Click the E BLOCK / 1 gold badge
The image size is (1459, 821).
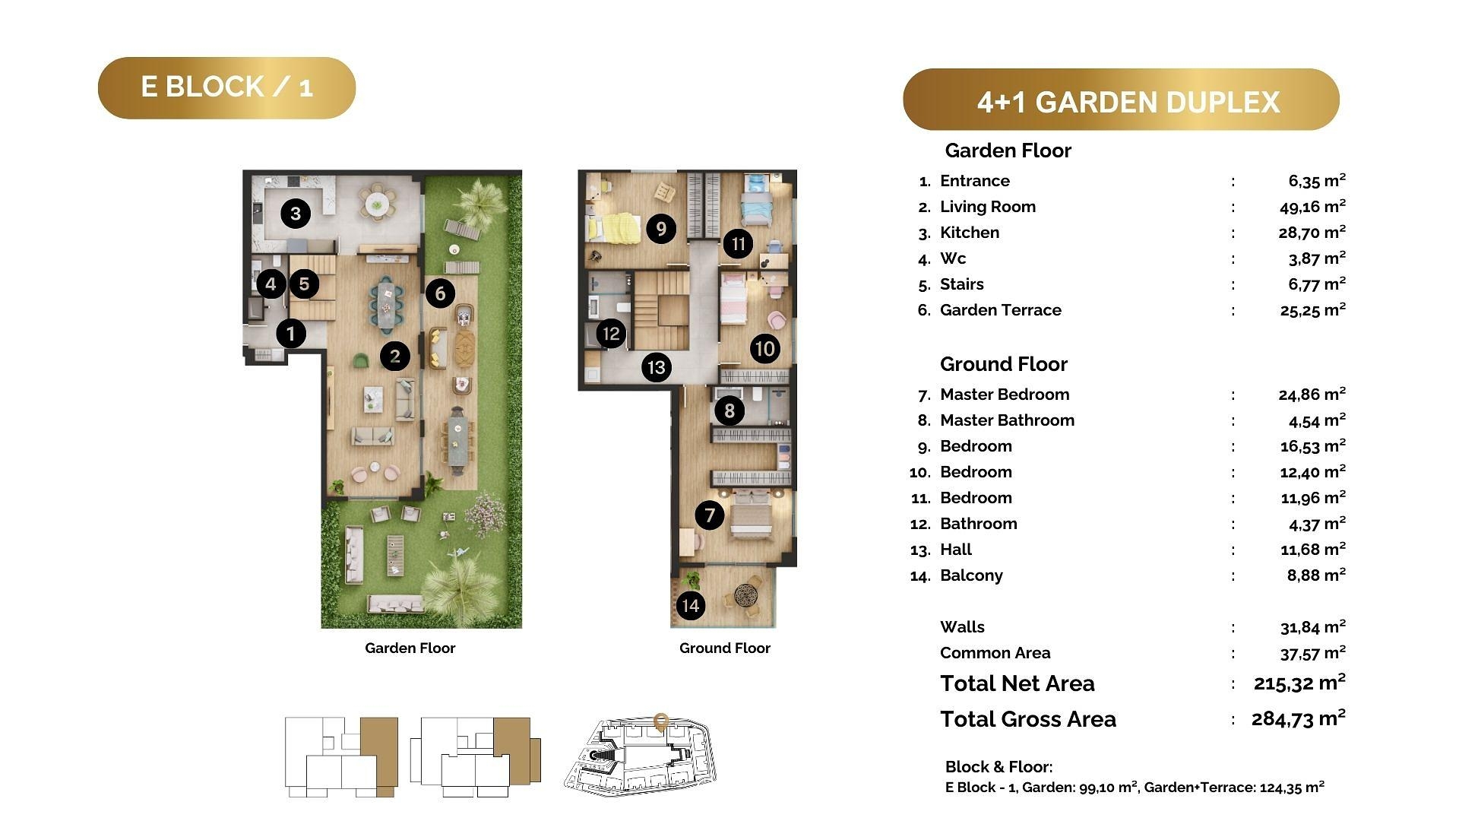[x=226, y=87]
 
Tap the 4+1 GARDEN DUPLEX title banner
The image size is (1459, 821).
[x=1121, y=100]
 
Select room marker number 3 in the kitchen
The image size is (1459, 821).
[x=296, y=214]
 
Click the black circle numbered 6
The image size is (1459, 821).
[x=440, y=293]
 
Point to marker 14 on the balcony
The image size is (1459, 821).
[x=690, y=605]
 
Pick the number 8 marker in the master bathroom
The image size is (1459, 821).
[x=729, y=410]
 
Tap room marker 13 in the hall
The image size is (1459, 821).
[x=656, y=367]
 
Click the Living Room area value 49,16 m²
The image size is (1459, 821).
[x=1312, y=206]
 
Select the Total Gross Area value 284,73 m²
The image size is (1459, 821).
[x=1298, y=718]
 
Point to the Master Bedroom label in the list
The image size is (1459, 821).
[x=1005, y=395]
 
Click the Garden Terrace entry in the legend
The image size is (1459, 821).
[x=1001, y=310]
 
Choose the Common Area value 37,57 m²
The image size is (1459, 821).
[x=1312, y=652]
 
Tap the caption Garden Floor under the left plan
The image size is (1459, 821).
[x=410, y=648]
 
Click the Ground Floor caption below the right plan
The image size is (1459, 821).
[x=725, y=648]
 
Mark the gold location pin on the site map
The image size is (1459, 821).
[x=661, y=722]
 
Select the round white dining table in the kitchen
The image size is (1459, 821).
[x=377, y=203]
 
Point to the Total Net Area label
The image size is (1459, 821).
[x=1018, y=683]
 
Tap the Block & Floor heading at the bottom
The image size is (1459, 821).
[x=999, y=767]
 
